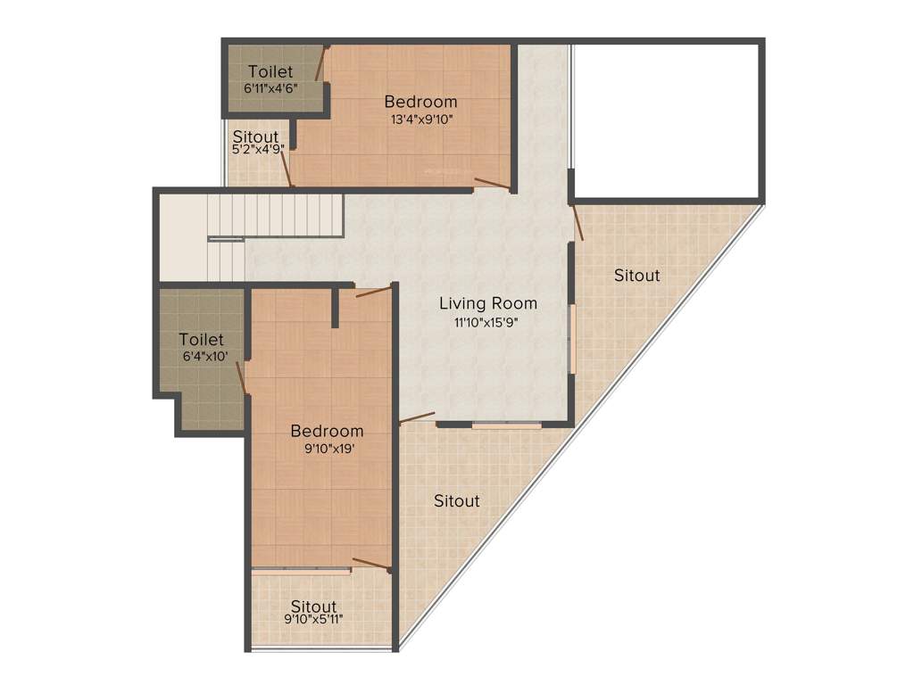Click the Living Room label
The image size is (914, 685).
point(487,304)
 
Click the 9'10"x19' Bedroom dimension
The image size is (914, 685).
point(329,450)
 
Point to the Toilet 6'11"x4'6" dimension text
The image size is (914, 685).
point(270,88)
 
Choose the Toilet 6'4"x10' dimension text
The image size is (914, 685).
point(204,357)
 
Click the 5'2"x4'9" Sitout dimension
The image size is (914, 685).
point(258,150)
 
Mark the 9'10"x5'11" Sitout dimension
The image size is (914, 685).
point(313,619)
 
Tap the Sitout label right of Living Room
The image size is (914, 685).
point(636,276)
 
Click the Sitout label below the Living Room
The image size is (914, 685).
point(456,501)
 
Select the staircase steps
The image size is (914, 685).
point(277,218)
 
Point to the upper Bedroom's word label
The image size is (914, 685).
point(420,102)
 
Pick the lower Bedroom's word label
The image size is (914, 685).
point(327,432)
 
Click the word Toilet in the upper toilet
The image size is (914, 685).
point(271,71)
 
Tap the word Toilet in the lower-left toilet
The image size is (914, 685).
point(201,340)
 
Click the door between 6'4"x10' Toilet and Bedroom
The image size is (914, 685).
point(243,377)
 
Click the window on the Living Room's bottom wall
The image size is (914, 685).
point(507,425)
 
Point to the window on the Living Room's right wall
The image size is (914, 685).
point(572,339)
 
